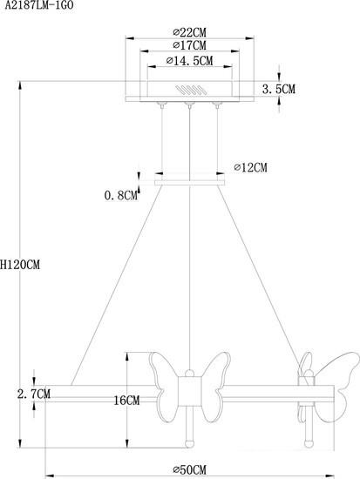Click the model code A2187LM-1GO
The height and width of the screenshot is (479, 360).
39,5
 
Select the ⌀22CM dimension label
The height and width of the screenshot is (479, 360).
190,32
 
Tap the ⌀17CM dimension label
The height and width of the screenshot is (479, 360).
190,45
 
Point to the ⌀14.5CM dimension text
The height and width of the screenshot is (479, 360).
190,60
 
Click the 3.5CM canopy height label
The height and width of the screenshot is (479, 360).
279,89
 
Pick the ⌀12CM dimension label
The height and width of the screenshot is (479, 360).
250,167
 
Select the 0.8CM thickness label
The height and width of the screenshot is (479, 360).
121,195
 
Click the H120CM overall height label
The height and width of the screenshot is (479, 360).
20,264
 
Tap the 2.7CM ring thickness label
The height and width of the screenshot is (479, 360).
34,394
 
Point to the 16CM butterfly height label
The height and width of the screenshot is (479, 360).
126,401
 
